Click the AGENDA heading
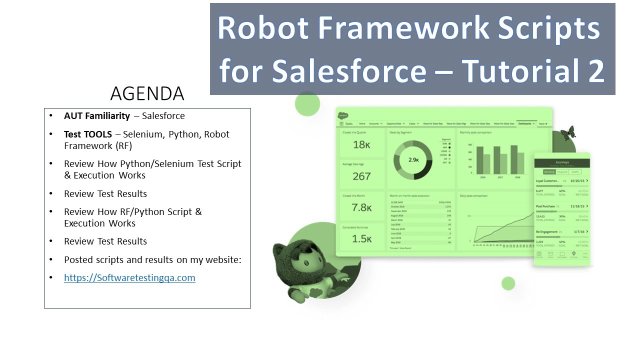(147, 93)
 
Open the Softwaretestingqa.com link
(129, 278)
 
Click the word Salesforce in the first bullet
(163, 116)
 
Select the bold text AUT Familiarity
(97, 116)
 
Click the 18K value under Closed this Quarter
(361, 145)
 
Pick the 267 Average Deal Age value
(361, 176)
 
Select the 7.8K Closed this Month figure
(361, 207)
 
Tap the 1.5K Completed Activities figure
(361, 239)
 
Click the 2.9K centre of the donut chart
(413, 160)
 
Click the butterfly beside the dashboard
(567, 133)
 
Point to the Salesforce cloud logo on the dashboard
(343, 115)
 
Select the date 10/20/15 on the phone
(577, 180)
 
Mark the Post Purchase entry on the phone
(545, 206)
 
